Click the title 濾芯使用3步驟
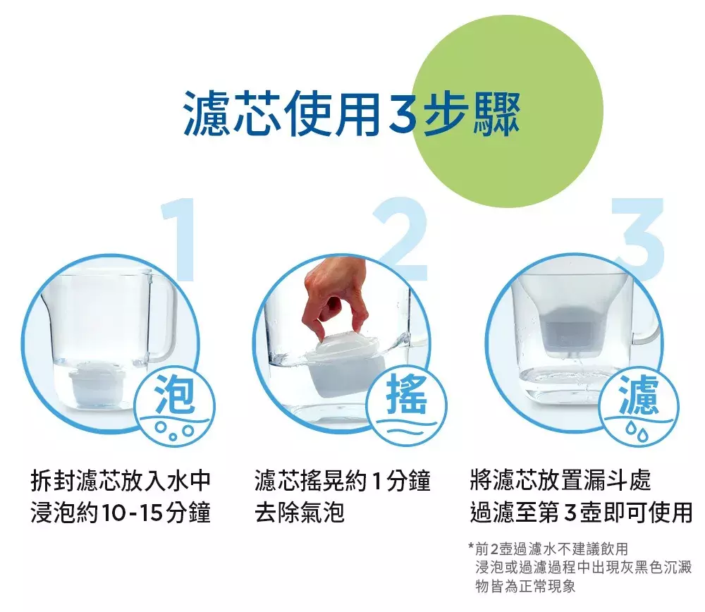click(x=352, y=114)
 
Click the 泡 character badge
click(x=176, y=408)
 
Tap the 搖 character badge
click(x=407, y=408)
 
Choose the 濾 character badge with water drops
click(x=639, y=408)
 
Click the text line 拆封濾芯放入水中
click(x=121, y=480)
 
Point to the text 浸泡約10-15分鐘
click(x=121, y=513)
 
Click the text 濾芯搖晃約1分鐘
click(x=343, y=480)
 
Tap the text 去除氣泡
click(x=300, y=513)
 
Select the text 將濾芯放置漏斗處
click(x=560, y=480)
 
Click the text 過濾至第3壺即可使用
click(x=581, y=513)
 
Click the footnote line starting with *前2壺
click(x=548, y=549)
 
